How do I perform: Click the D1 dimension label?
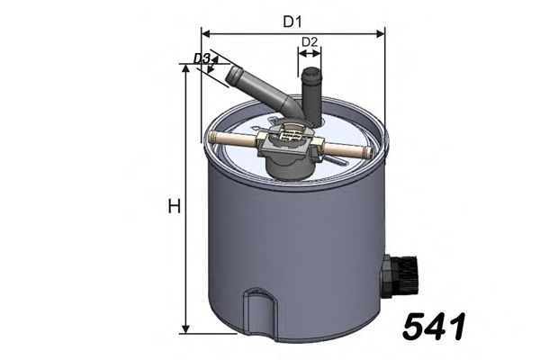292,20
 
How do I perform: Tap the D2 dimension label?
310,41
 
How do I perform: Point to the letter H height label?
175,207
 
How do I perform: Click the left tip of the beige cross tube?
212,138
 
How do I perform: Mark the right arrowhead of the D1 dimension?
381,34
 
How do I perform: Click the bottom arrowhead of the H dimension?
186,329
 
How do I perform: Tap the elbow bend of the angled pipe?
290,105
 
